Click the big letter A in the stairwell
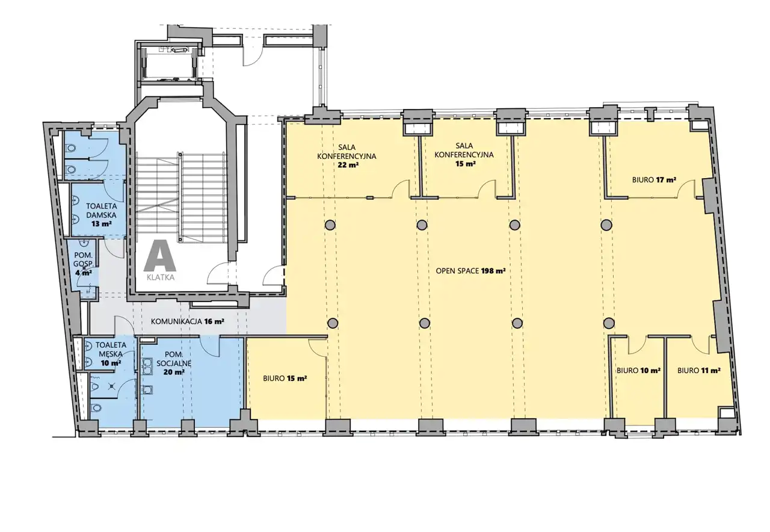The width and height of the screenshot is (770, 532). [x=160, y=255]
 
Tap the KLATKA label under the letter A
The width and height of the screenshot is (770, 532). [x=161, y=277]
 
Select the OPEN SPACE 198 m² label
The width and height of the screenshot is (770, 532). [x=470, y=271]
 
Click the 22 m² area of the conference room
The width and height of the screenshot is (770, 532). [x=348, y=164]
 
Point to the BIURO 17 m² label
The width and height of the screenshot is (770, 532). [x=654, y=179]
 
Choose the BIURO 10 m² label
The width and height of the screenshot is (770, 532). [x=638, y=370]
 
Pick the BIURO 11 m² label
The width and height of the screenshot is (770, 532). [x=699, y=370]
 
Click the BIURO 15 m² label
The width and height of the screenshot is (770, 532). [x=285, y=379]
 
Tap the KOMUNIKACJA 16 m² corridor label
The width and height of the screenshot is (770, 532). [x=188, y=321]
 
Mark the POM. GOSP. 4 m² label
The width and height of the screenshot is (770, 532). [x=83, y=264]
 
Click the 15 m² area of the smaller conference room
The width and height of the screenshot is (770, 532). [x=466, y=164]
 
